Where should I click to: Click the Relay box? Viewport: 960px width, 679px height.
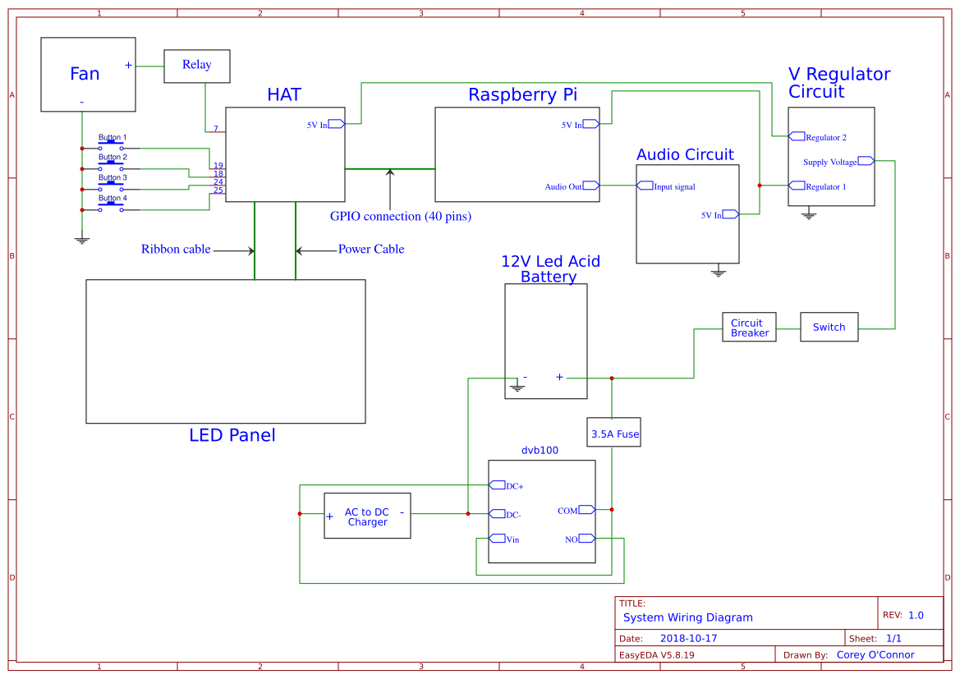point(196,66)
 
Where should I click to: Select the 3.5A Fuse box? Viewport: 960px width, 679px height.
point(613,433)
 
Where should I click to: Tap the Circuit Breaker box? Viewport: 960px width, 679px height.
point(749,328)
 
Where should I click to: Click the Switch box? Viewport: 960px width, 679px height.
point(829,327)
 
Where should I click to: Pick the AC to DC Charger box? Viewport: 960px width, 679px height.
point(367,516)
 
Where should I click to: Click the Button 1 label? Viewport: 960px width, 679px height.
point(113,137)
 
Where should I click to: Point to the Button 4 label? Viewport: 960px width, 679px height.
point(113,198)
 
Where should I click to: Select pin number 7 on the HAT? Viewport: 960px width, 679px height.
point(216,129)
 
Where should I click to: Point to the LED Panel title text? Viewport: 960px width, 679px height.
point(232,435)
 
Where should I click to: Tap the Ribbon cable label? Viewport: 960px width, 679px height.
point(176,249)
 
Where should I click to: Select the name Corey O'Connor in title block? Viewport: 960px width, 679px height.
point(875,654)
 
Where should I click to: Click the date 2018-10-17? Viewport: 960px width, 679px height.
point(688,638)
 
